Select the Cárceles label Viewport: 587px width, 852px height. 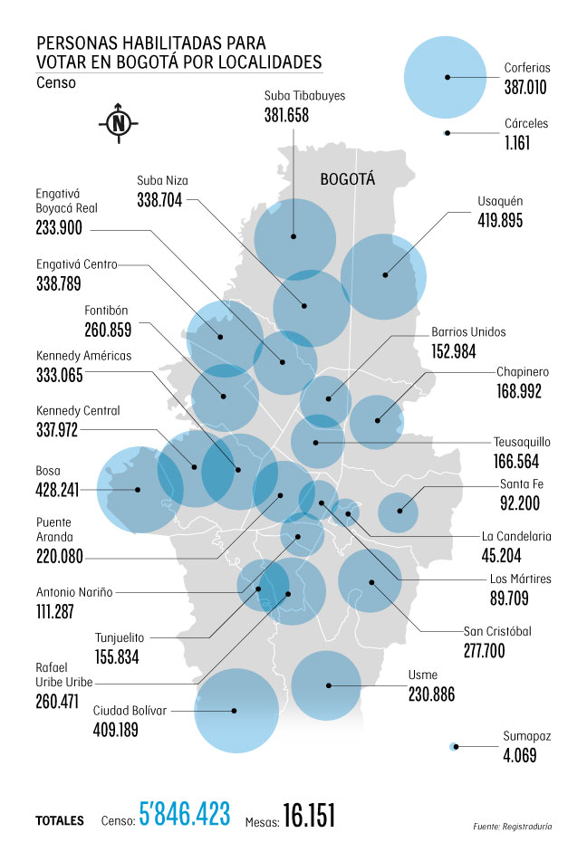click(526, 123)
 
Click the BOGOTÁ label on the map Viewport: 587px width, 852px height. click(347, 180)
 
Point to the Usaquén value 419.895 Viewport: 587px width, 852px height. click(500, 220)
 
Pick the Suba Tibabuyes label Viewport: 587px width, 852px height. click(305, 95)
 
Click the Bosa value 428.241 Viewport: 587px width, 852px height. click(58, 490)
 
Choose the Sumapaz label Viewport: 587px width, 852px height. click(526, 737)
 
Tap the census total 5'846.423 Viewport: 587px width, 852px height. click(186, 815)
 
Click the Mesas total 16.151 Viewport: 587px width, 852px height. click(309, 816)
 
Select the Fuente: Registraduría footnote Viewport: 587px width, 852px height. click(512, 827)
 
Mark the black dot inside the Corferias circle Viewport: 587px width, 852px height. click(447, 77)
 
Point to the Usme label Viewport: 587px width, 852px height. click(422, 675)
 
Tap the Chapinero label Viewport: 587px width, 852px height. click(523, 371)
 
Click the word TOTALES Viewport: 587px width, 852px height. click(61, 820)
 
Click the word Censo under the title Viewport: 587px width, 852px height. click(56, 82)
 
